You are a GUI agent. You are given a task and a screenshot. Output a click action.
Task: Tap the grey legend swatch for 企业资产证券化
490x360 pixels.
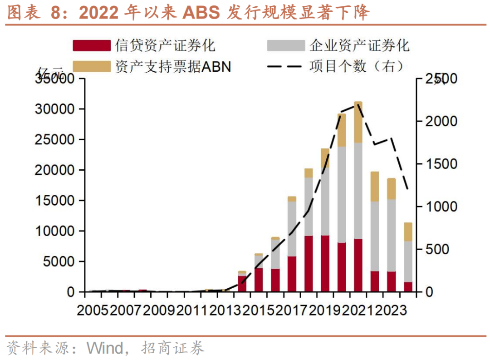pos(286,45)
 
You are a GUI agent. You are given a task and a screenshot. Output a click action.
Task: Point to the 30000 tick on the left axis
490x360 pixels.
pos(54,109)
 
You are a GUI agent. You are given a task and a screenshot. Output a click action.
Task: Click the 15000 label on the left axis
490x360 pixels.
pos(54,201)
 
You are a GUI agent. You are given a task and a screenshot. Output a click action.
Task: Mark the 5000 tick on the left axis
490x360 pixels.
pos(59,261)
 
